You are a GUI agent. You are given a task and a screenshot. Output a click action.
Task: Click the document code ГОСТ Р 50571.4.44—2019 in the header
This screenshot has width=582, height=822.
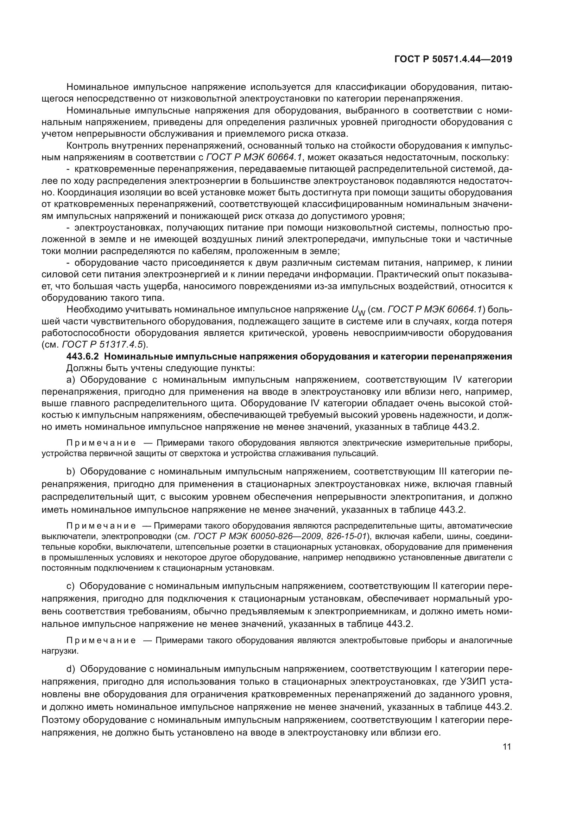click(453, 59)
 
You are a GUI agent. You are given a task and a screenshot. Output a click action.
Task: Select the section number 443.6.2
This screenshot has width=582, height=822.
click(83, 357)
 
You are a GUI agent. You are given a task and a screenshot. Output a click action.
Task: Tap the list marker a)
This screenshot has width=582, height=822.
click(71, 380)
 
